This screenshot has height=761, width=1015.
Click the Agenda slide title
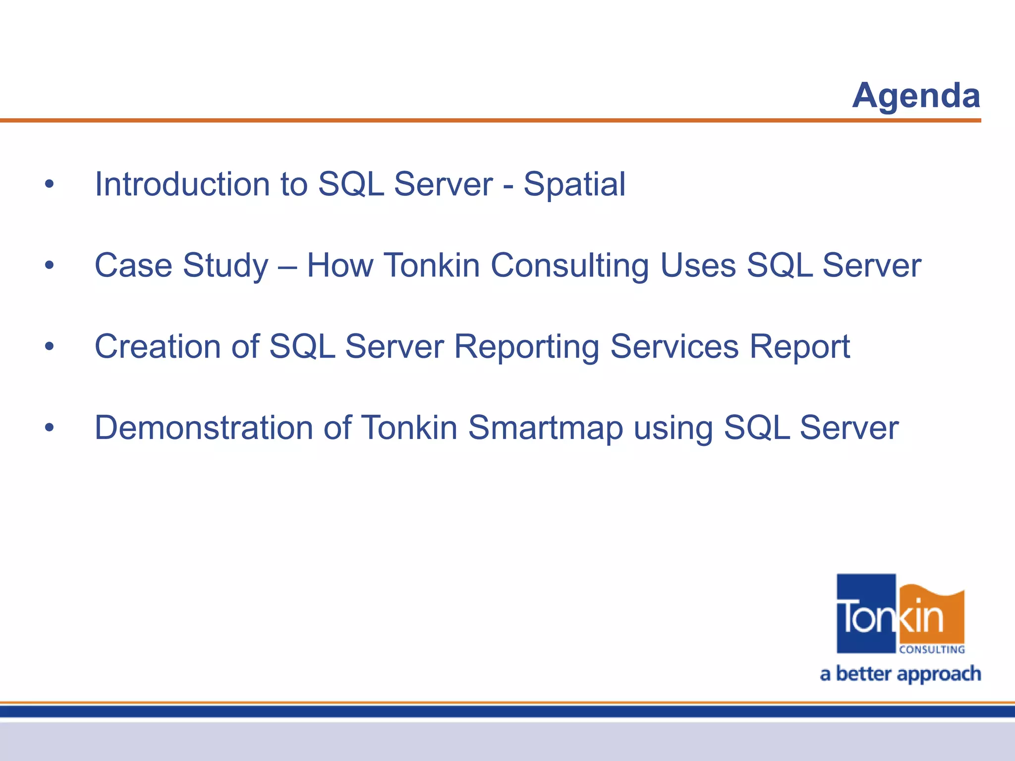tap(916, 95)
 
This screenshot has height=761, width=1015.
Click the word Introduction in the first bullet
tap(182, 184)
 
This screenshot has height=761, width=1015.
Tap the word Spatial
tap(574, 184)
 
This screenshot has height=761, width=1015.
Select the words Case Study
tap(181, 266)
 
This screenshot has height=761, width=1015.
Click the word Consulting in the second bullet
tap(569, 266)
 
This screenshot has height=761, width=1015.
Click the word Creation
tap(158, 346)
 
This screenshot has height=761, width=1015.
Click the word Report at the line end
tap(799, 346)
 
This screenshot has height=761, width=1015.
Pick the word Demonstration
tap(204, 428)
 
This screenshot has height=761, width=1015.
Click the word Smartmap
tap(545, 428)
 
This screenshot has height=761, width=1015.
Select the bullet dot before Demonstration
tap(49, 428)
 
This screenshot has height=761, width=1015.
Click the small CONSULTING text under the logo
tap(932, 650)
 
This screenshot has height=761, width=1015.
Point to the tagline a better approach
tap(901, 674)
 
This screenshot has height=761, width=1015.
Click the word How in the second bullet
tap(339, 266)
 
